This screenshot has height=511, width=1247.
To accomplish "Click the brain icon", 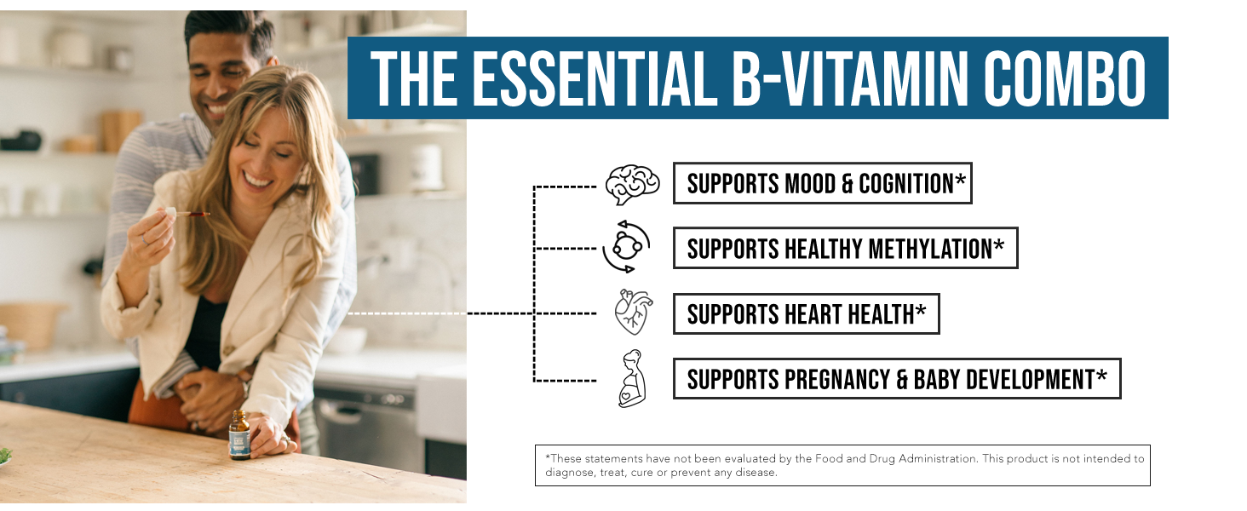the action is point(632,185).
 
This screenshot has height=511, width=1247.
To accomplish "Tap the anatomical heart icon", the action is point(634,313).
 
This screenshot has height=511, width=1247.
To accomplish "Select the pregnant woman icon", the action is point(632,378).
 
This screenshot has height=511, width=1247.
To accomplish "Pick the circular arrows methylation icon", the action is point(627,246).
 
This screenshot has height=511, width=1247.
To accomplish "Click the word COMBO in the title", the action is point(1065,78).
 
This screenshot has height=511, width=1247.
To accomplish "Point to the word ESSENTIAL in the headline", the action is point(595,78).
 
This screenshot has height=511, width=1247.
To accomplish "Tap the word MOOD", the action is point(810,184).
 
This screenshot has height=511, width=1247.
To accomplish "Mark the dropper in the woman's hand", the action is point(187,213).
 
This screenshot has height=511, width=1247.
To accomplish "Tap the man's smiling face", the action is point(220,78).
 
